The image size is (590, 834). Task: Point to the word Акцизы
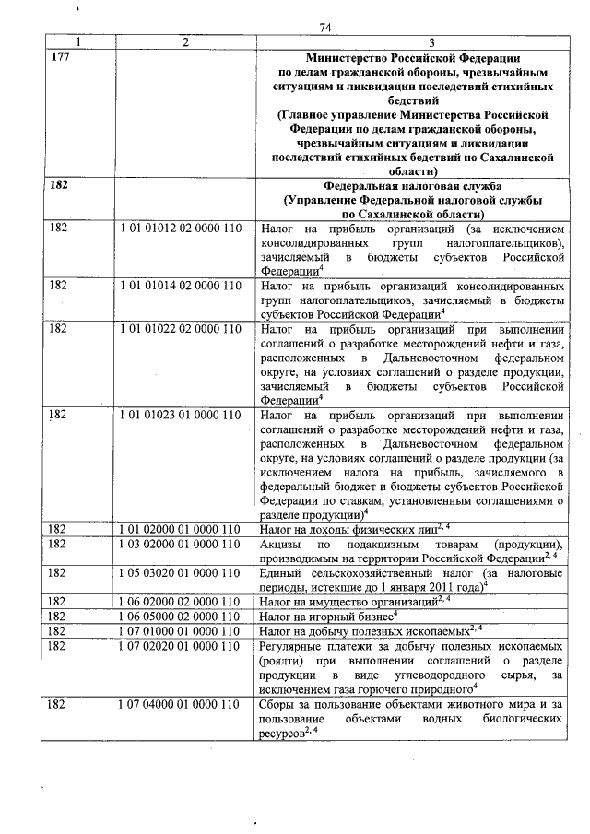[x=282, y=544]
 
